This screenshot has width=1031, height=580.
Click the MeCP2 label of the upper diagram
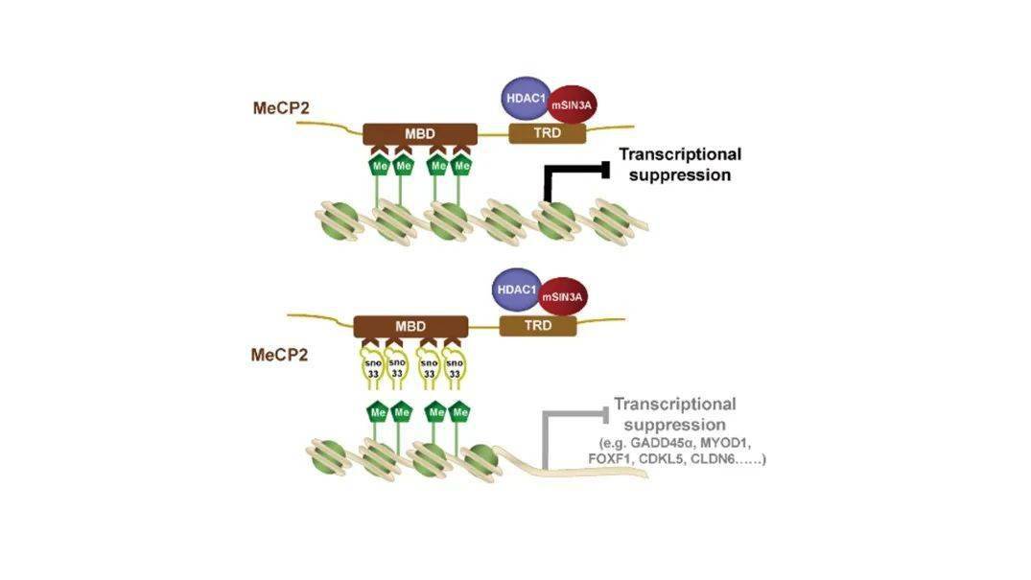281,107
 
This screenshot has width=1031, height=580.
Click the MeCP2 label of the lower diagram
279,355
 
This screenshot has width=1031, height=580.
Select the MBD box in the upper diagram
420,134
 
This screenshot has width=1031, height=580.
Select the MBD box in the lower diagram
410,326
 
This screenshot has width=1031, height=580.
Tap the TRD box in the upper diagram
547,133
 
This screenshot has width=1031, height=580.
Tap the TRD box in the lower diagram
538,326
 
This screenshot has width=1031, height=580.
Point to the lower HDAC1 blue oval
518,290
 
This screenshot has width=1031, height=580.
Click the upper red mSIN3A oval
572,104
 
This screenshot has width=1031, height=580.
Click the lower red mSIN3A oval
563,296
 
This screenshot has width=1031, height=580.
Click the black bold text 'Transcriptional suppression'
680,164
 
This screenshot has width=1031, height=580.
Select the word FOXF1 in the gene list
609,459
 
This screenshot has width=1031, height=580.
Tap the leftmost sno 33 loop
373,368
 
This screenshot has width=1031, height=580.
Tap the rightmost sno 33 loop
455,368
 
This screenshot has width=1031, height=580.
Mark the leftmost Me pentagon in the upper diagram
380,166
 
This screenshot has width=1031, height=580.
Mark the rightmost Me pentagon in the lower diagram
459,412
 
